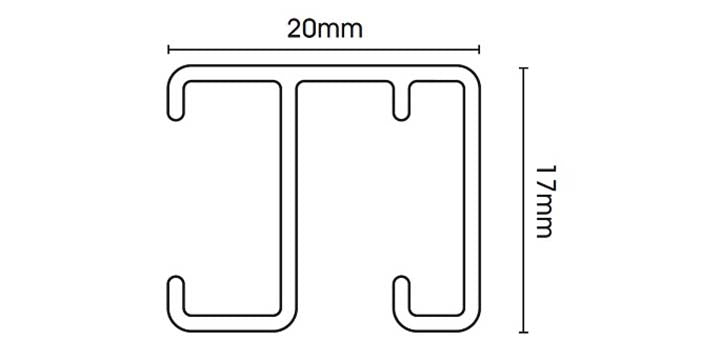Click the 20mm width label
pyautogui.click(x=325, y=29)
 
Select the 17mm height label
pyautogui.click(x=544, y=201)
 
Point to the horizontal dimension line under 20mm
pyautogui.click(x=324, y=50)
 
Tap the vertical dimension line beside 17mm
pyautogui.click(x=523, y=200)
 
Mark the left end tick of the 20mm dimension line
pyautogui.click(x=169, y=50)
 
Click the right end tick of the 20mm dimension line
pyautogui.click(x=479, y=50)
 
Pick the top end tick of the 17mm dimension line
pyautogui.click(x=523, y=68)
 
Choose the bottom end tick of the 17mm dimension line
pyautogui.click(x=523, y=332)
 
